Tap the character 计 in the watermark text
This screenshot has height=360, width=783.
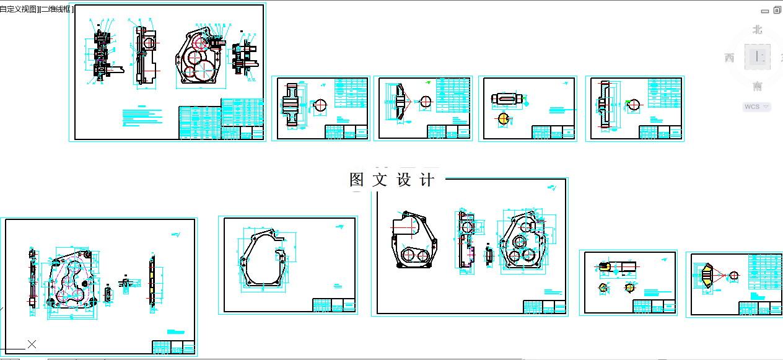(427, 180)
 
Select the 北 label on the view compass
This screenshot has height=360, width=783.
(757, 29)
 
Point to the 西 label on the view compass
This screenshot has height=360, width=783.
(729, 58)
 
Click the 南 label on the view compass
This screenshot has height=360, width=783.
(757, 86)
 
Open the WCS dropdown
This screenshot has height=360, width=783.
(756, 107)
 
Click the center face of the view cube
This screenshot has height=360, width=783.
(757, 56)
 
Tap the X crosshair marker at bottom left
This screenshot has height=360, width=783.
(32, 344)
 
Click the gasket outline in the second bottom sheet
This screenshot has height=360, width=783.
(263, 263)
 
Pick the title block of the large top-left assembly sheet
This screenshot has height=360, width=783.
(220, 122)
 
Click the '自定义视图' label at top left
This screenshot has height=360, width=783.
(18, 9)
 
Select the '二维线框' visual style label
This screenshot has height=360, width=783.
(56, 9)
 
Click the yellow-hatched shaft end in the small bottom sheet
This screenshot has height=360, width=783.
(605, 267)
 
